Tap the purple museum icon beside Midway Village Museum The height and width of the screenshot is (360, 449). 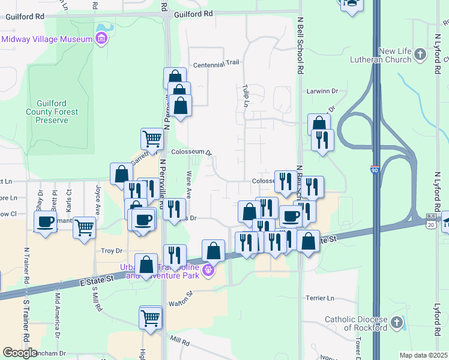(101, 40)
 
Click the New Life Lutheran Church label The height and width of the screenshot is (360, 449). (403, 56)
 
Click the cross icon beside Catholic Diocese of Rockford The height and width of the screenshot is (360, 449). (396, 323)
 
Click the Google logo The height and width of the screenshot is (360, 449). (20, 352)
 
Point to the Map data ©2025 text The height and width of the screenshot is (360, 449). (423, 355)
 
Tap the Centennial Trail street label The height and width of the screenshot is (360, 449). (217, 63)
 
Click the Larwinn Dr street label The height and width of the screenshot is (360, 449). (323, 91)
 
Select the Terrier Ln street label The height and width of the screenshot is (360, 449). (320, 298)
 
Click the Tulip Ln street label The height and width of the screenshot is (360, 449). (246, 95)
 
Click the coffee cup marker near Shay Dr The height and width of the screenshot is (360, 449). (45, 222)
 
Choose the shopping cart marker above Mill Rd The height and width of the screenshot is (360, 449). (150, 318)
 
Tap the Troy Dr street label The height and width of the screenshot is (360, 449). (112, 250)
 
